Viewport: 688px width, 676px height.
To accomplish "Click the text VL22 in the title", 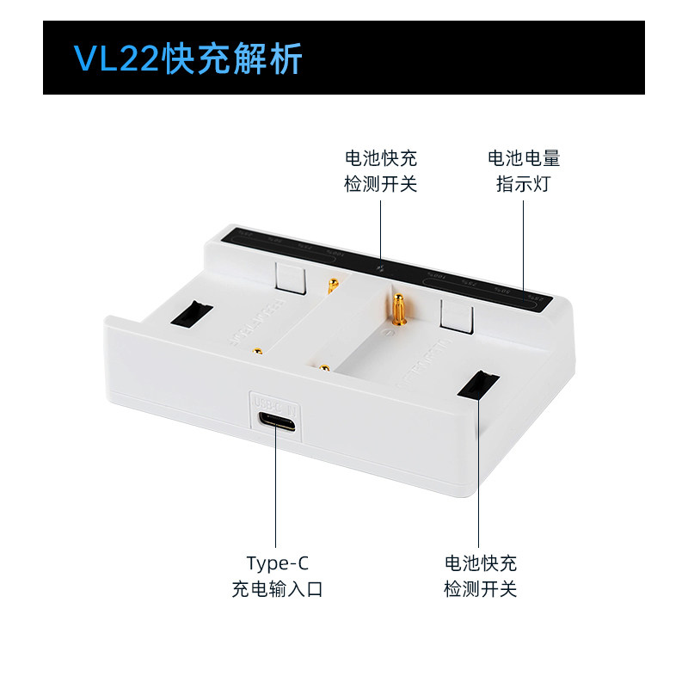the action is tap(108, 59).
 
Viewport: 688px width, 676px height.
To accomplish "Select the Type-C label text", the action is tap(277, 563).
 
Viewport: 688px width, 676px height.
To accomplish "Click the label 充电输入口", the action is tap(277, 589).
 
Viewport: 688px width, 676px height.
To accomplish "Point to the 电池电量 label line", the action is tap(524, 158).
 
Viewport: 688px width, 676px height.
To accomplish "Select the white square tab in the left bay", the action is tap(290, 277).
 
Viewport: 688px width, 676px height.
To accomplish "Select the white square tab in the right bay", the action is tap(456, 316).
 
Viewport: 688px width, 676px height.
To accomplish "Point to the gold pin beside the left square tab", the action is tap(330, 284).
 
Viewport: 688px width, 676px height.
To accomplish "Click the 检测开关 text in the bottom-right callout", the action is tap(481, 589).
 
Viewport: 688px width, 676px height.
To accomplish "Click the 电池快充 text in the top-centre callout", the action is tap(380, 158).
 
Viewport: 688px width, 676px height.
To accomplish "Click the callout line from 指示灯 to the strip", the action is tap(524, 241).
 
